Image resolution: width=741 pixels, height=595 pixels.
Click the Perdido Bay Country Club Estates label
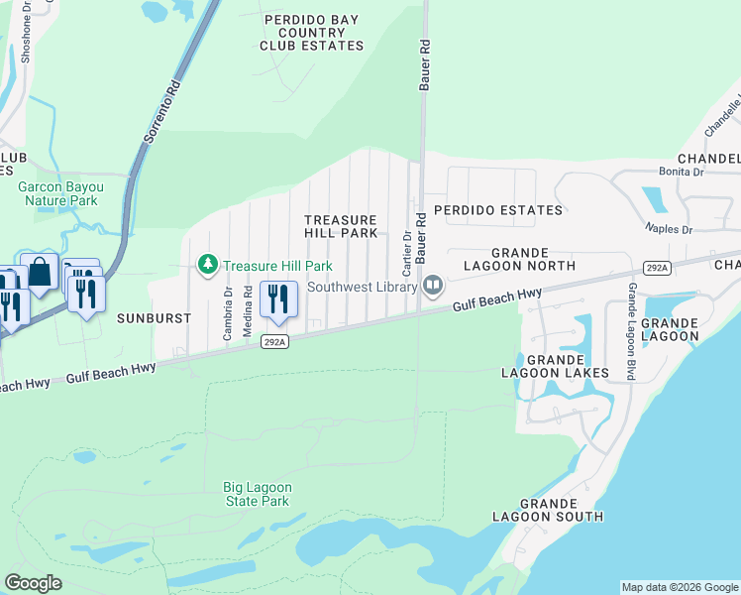311,33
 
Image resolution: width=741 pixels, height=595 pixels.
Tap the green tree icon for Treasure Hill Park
207,265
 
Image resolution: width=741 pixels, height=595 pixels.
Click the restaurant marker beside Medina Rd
278,298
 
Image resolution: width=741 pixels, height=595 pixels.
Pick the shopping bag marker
40,272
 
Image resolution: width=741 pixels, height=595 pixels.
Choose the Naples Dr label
672,229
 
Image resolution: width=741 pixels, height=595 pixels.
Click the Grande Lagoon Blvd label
630,330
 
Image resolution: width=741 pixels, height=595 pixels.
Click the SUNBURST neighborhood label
146,319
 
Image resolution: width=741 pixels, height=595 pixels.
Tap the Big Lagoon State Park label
256,494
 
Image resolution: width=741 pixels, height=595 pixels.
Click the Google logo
33,583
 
